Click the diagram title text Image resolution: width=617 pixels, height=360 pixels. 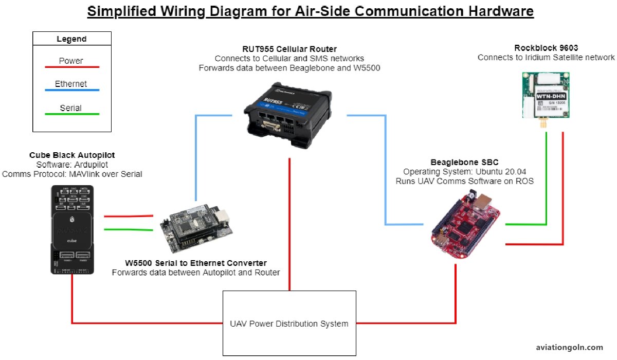(310, 11)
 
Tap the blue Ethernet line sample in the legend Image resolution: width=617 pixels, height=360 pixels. (71, 91)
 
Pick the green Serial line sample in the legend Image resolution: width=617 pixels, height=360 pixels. (71, 114)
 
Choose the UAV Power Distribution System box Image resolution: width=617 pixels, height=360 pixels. (289, 323)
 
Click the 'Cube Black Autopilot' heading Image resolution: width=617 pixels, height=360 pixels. (72, 155)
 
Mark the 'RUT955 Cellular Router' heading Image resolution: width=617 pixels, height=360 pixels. (289, 49)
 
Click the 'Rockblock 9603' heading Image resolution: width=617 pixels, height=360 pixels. (546, 48)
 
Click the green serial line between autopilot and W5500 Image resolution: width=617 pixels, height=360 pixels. (128, 230)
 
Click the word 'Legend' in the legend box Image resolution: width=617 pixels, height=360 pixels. (71, 39)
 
